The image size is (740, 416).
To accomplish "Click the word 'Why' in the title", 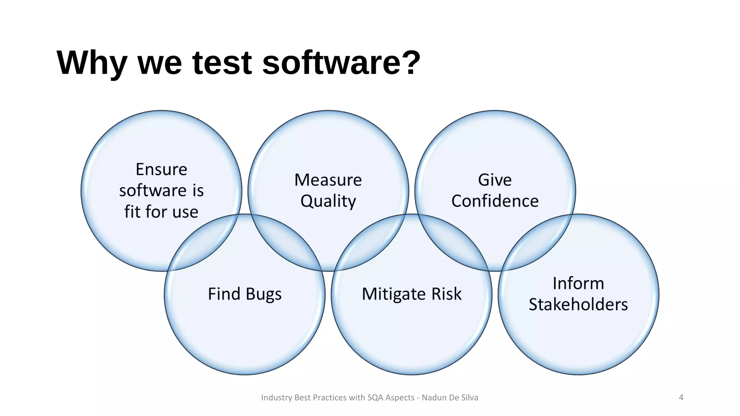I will click(x=92, y=63).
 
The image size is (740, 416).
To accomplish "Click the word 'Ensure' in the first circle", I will click(x=161, y=169).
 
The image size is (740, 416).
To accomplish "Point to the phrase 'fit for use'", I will click(x=161, y=212).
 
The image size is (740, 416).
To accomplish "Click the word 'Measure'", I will click(x=328, y=180).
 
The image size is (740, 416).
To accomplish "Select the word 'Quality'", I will click(x=328, y=201).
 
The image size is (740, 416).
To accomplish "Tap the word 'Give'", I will click(x=495, y=180).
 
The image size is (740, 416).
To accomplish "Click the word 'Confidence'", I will click(x=495, y=201).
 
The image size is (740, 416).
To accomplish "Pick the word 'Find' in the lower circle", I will click(x=224, y=294).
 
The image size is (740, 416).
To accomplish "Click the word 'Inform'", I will click(x=578, y=283).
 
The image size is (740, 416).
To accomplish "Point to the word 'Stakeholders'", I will click(x=578, y=304).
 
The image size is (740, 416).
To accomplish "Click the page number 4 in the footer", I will click(x=681, y=398).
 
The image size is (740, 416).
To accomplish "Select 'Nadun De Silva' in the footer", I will click(x=450, y=398).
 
